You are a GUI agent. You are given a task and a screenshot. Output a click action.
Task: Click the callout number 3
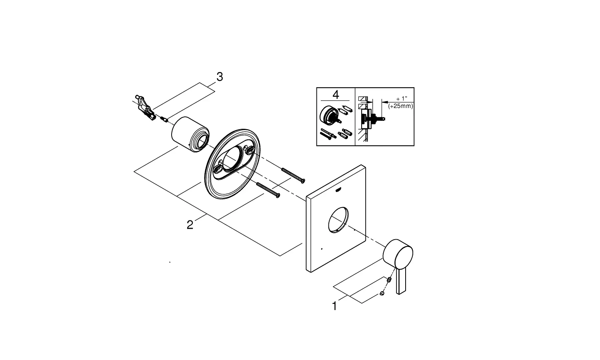(219, 77)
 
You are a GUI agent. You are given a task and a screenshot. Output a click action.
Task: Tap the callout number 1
(334, 306)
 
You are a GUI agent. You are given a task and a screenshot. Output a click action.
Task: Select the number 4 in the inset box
(336, 95)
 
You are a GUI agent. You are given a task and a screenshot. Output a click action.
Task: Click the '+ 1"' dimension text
(401, 98)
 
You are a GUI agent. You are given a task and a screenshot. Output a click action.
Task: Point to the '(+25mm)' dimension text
(400, 106)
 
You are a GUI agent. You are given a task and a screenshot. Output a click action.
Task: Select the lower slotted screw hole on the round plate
(218, 170)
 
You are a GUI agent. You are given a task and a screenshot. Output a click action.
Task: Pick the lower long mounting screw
(268, 190)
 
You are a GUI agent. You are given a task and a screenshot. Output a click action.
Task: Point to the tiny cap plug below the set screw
(382, 294)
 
